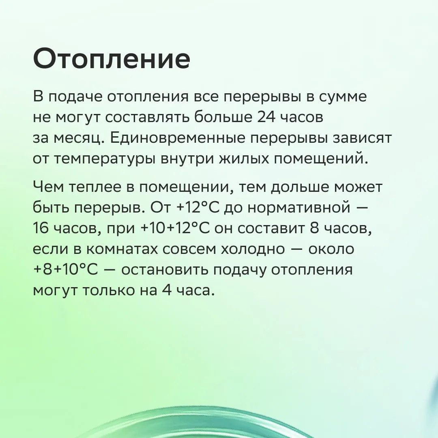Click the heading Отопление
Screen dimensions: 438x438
point(112,59)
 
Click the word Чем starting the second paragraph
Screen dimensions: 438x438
point(49,187)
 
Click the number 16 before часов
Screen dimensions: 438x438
point(41,228)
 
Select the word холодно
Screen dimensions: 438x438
point(253,249)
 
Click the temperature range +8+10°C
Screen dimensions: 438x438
point(66,270)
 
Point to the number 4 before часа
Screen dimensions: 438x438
point(167,291)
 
